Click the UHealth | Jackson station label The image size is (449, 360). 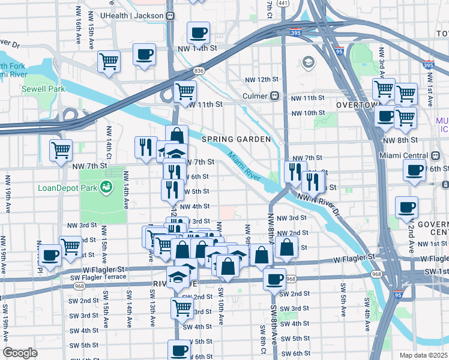133,16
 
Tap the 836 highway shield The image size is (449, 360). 199,71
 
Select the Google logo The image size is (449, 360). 20,353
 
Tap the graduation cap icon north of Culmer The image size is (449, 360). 309,62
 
